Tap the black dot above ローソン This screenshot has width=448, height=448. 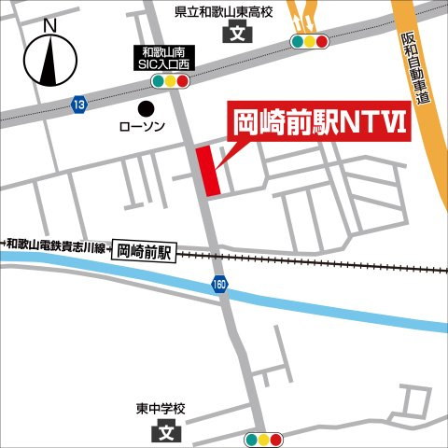(145, 107)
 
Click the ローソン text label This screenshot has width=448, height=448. (142, 126)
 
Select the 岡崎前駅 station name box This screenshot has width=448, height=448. (146, 250)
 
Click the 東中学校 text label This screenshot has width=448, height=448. (160, 409)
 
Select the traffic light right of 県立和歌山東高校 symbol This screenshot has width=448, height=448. (308, 42)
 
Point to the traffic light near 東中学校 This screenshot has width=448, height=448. (262, 440)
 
